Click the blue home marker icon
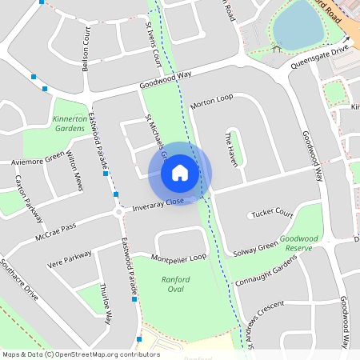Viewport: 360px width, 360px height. pyautogui.click(x=180, y=172)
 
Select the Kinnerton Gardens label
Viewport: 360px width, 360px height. pyautogui.click(x=70, y=123)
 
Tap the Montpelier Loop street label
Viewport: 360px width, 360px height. pyautogui.click(x=179, y=258)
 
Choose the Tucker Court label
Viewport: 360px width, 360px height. pyautogui.click(x=273, y=214)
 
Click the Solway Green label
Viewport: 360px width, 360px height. pyautogui.click(x=256, y=246)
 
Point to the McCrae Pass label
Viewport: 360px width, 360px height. pyautogui.click(x=55, y=233)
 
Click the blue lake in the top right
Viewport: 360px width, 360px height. pyautogui.click(x=298, y=24)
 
